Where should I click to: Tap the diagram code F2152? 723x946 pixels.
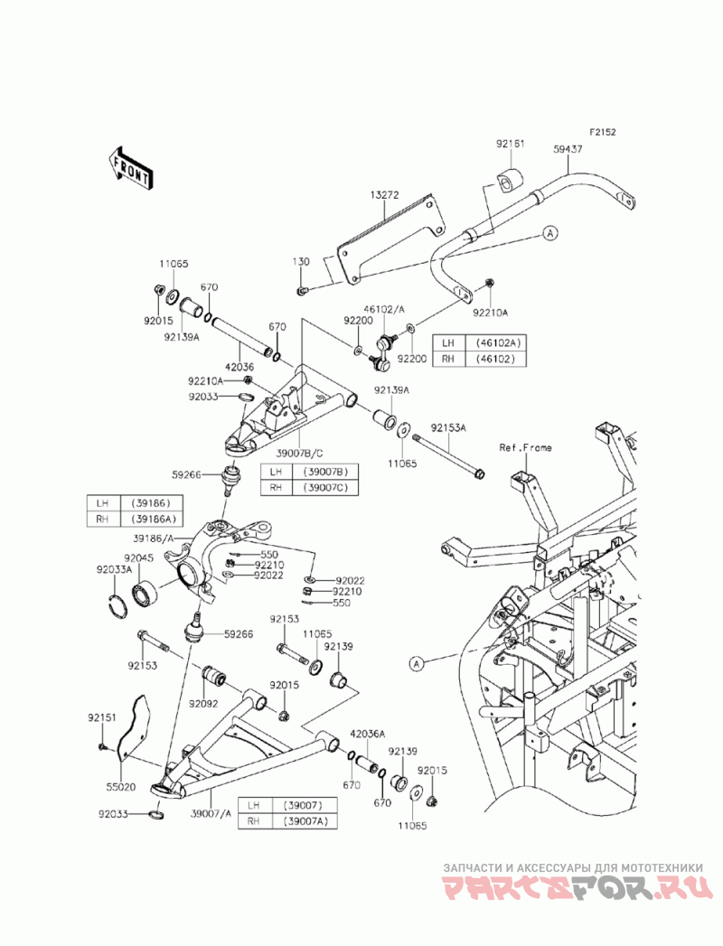click(x=603, y=132)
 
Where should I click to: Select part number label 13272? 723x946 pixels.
click(x=385, y=195)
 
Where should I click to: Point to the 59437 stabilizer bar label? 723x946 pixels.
click(x=568, y=149)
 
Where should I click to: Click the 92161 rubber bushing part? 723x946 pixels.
click(x=511, y=181)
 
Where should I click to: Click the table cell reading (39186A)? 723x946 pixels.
click(x=152, y=519)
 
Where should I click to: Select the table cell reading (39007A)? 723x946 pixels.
click(x=305, y=820)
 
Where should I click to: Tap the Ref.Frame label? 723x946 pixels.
click(x=525, y=447)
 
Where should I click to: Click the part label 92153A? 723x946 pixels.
click(x=448, y=427)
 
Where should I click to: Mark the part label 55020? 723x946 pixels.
click(x=121, y=787)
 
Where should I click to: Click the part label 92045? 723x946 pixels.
click(x=139, y=558)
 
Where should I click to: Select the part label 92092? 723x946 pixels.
click(x=203, y=704)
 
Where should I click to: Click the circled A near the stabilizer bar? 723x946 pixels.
click(x=550, y=233)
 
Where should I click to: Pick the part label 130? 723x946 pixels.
click(x=301, y=262)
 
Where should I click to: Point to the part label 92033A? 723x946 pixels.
click(x=114, y=569)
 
